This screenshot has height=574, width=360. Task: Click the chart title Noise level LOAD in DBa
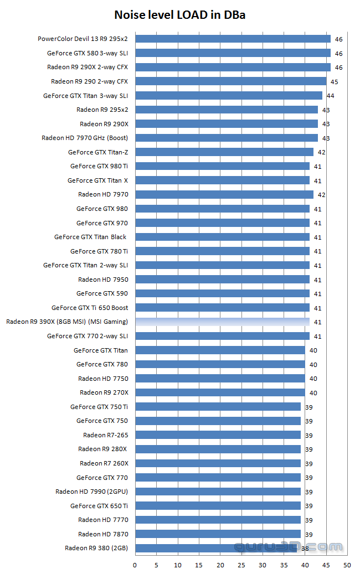(179, 15)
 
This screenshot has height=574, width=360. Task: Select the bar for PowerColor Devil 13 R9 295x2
(233, 39)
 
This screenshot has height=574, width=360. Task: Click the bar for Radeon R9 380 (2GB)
(216, 548)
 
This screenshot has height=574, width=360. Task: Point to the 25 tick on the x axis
(241, 565)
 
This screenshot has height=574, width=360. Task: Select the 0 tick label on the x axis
(135, 565)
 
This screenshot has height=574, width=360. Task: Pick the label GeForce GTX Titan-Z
(98, 152)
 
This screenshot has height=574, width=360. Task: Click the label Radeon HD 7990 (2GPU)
(91, 492)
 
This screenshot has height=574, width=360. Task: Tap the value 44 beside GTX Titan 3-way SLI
(331, 96)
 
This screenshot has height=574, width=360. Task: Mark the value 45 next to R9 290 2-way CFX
(335, 81)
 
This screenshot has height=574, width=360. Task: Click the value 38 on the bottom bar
(305, 549)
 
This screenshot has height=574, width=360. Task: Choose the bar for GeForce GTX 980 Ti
(222, 166)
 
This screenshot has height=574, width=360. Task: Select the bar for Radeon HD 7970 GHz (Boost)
(227, 138)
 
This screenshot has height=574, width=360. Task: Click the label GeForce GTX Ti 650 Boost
(90, 308)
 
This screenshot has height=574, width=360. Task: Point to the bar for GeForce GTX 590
(222, 293)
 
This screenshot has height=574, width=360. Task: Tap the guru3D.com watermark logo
(289, 547)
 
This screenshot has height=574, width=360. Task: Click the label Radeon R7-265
(105, 435)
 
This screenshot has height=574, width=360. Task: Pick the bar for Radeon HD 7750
(220, 379)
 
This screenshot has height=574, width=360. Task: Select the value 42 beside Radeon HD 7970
(322, 195)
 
